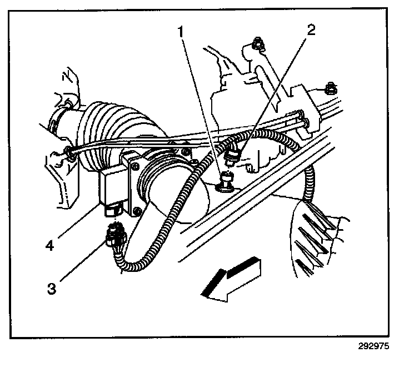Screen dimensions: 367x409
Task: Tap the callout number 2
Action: pos(311,29)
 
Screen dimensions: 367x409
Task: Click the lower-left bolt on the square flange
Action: pos(135,211)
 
